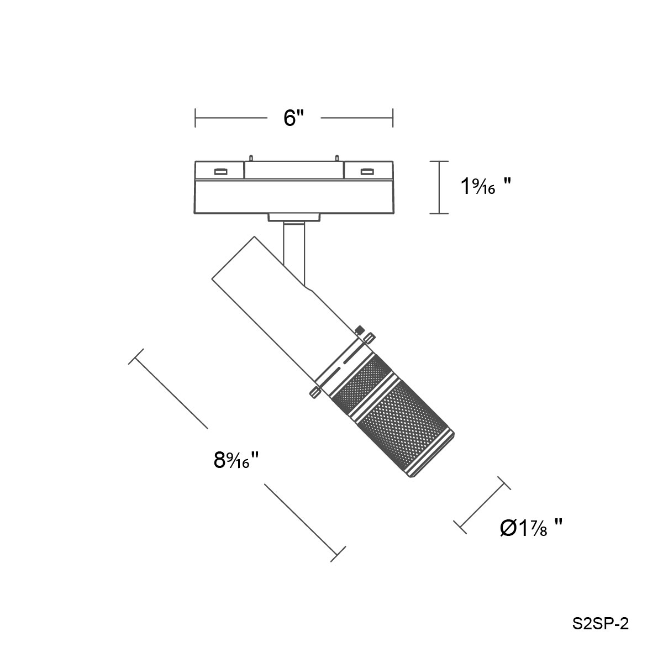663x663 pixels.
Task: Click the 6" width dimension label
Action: point(294,118)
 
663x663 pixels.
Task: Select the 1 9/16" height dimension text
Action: point(486,187)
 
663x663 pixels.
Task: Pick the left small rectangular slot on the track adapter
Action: point(220,171)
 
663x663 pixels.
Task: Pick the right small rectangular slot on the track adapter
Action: point(367,171)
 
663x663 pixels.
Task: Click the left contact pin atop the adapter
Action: point(251,158)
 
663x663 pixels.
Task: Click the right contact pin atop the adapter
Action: point(337,158)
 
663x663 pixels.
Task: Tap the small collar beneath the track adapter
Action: point(294,218)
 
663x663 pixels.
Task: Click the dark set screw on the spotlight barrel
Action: point(360,329)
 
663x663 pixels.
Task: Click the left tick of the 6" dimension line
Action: point(196,118)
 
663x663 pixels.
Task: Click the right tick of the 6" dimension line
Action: point(393,118)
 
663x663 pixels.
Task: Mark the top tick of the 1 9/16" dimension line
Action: point(439,161)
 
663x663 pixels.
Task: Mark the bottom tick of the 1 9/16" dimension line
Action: point(439,213)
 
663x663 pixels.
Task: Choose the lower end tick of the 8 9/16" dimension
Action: point(338,554)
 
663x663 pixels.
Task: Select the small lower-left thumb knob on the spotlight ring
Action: point(314,393)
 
